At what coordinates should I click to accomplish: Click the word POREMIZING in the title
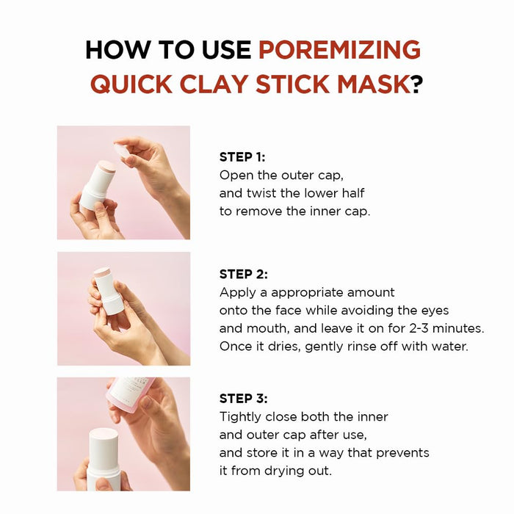[339, 50]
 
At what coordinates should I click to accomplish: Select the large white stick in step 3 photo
[104, 459]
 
